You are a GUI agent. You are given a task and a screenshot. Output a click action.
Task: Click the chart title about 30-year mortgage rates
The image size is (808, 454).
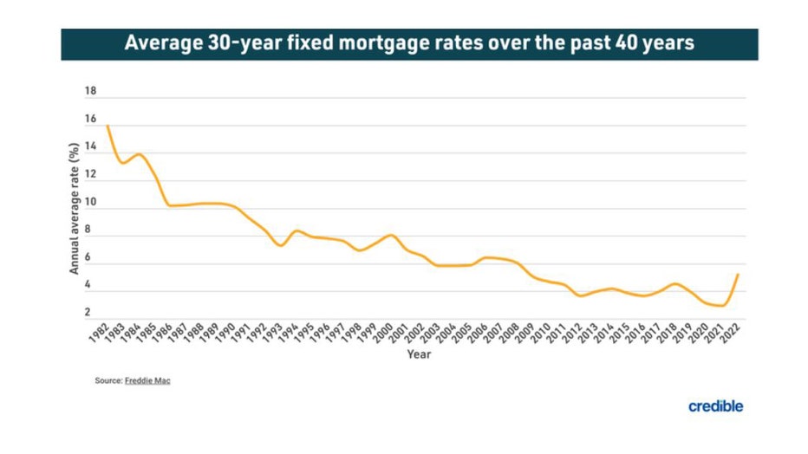409,42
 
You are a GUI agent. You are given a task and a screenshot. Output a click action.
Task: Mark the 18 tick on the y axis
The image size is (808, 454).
90,92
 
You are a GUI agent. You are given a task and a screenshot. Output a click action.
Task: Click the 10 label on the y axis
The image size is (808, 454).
90,203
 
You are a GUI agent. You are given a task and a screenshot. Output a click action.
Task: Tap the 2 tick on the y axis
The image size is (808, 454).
90,313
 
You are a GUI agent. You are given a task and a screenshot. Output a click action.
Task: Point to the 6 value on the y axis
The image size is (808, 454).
90,258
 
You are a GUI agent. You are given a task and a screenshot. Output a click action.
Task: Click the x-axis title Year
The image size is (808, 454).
420,354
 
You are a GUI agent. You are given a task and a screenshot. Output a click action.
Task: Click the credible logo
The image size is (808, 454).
716,405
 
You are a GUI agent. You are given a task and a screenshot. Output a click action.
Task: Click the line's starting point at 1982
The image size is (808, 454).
108,126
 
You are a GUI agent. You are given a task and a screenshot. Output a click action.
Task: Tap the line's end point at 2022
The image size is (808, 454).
737,275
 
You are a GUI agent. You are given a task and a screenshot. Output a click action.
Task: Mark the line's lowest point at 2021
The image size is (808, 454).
721,306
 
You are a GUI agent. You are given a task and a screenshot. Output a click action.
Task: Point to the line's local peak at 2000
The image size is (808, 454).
391,235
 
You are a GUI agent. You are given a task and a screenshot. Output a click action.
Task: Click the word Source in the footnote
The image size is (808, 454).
108,380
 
